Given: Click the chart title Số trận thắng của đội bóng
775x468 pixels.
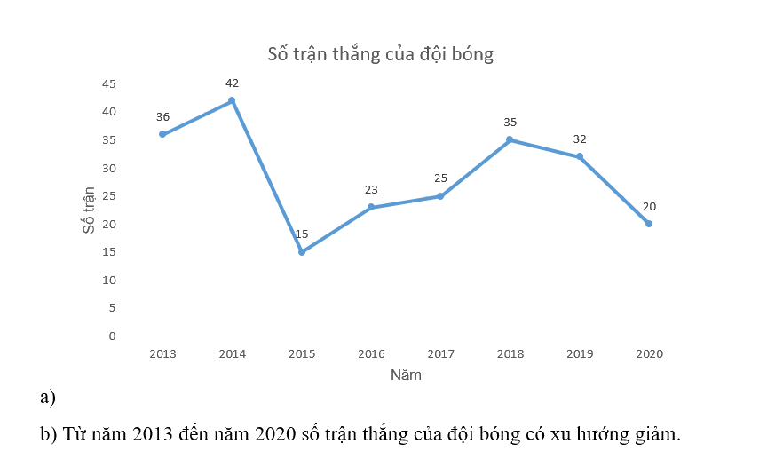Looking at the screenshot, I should pyautogui.click(x=380, y=54).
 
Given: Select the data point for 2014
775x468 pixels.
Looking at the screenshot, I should pyautogui.click(x=232, y=100).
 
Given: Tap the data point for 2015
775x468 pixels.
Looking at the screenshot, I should pyautogui.click(x=302, y=252).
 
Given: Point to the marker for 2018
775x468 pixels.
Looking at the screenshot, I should pyautogui.click(x=510, y=139).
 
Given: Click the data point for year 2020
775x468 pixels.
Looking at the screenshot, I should pyautogui.click(x=649, y=224).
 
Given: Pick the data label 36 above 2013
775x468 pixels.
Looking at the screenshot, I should pyautogui.click(x=162, y=116).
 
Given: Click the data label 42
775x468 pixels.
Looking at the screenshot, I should pyautogui.click(x=232, y=83).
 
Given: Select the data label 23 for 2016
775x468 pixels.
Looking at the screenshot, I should pyautogui.click(x=371, y=189).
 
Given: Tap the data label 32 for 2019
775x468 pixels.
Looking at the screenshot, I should pyautogui.click(x=580, y=139).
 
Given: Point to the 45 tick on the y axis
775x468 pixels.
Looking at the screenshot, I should pyautogui.click(x=108, y=83).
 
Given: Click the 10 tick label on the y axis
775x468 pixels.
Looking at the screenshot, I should pyautogui.click(x=108, y=280).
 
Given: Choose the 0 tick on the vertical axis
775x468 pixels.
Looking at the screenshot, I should pyautogui.click(x=112, y=336).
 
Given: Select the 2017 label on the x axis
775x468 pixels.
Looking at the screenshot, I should pyautogui.click(x=440, y=353).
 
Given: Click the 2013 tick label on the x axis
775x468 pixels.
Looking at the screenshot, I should pyautogui.click(x=162, y=353).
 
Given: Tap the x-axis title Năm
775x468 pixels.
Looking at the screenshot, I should pyautogui.click(x=406, y=375).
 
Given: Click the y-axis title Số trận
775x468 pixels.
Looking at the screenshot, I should pyautogui.click(x=89, y=210).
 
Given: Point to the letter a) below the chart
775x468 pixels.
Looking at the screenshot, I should pyautogui.click(x=48, y=397).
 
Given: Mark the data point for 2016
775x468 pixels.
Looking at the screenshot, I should pyautogui.click(x=371, y=207).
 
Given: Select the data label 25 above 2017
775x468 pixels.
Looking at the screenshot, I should pyautogui.click(x=440, y=178).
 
